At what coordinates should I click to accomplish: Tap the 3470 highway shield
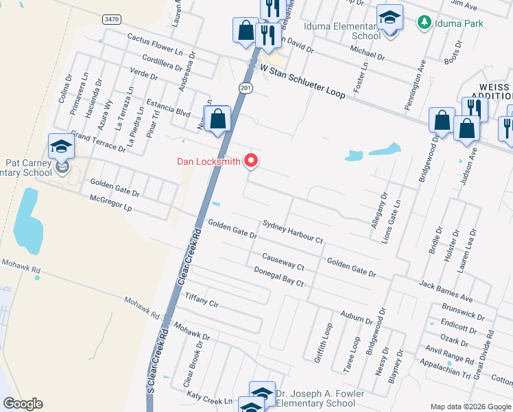[x=112, y=20]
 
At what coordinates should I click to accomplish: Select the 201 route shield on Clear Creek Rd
[x=246, y=89]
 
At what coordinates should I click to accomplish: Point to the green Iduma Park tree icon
[x=425, y=23]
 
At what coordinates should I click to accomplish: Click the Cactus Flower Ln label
[x=154, y=43]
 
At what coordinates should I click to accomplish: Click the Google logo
[x=23, y=404]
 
